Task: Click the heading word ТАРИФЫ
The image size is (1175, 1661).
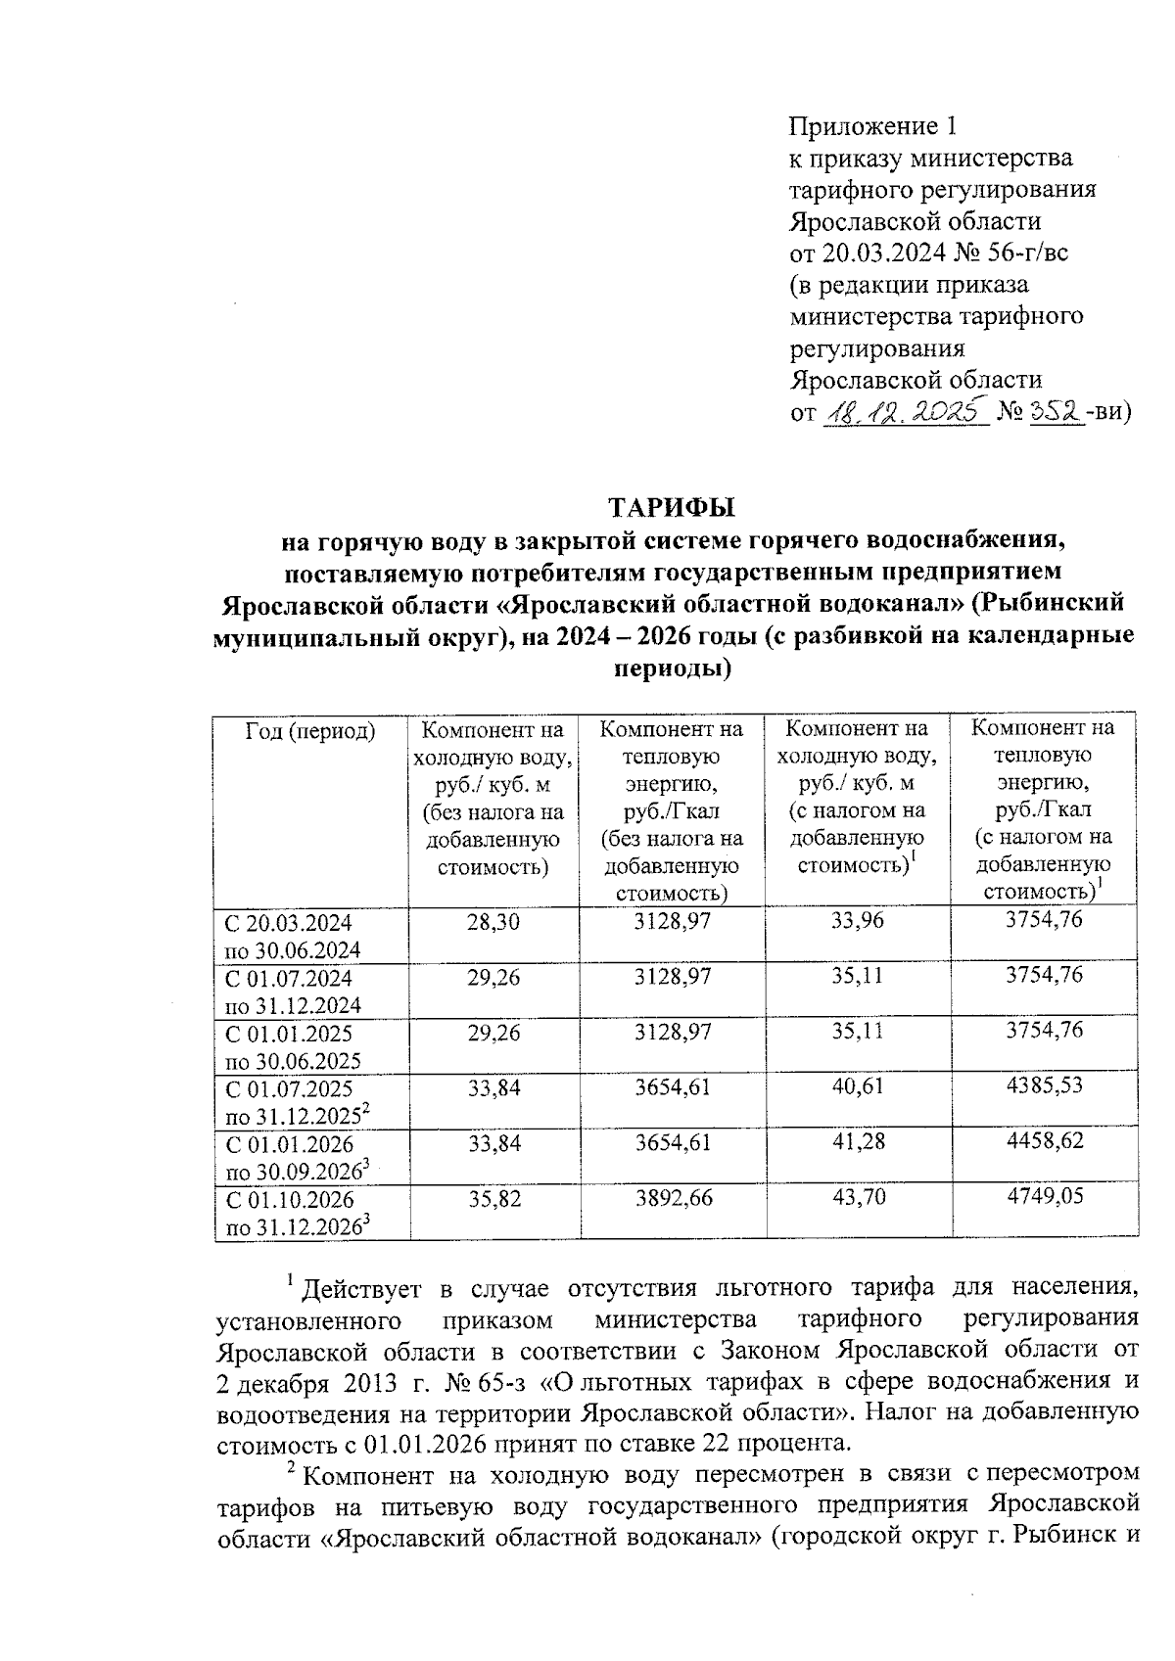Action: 672,508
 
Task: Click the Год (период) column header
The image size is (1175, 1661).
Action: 310,731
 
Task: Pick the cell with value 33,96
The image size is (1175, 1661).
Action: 857,922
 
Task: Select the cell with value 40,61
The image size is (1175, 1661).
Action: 857,1087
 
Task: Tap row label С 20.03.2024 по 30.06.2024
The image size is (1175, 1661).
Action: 292,936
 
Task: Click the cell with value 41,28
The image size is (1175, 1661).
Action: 857,1142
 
